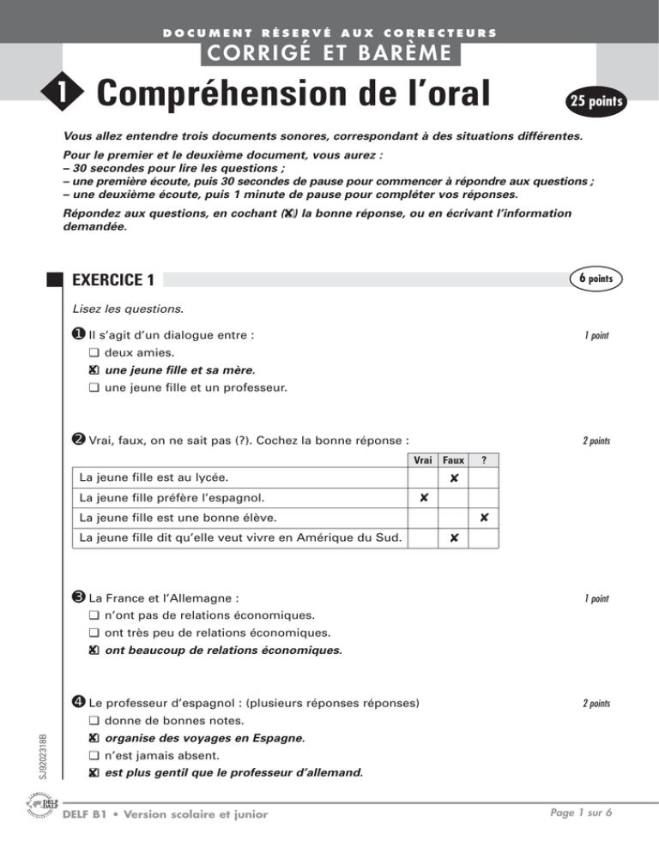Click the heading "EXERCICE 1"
tap(114, 279)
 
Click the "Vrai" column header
tap(422, 460)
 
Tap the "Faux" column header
tap(453, 460)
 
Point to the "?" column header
tap(484, 460)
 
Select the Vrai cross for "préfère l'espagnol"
tap(423, 497)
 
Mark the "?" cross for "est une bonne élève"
tap(485, 518)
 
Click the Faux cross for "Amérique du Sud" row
tap(454, 538)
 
